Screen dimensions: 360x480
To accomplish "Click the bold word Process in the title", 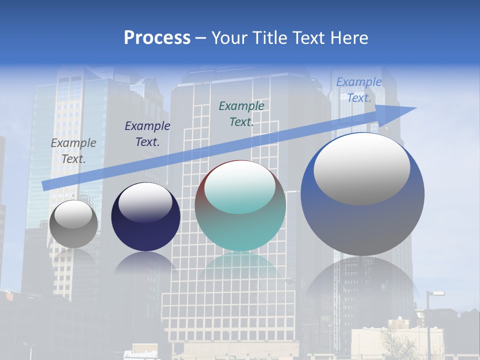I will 157,38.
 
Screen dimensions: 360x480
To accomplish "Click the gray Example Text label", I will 73,151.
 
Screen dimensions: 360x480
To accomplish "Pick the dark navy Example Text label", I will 147,134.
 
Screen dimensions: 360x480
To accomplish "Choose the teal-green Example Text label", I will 241,114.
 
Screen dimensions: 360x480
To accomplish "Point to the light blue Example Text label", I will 358,90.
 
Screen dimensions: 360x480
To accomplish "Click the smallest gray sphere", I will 73,235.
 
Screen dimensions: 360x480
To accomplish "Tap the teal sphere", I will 240,230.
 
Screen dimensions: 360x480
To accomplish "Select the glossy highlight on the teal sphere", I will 239,186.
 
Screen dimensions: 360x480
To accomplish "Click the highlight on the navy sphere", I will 145,202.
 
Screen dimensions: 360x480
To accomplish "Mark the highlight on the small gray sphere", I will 73,213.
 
